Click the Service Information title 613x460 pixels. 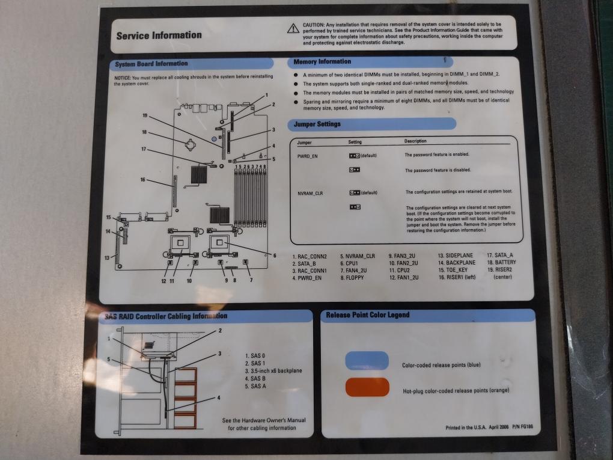[159, 35]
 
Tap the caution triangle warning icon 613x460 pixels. [293, 28]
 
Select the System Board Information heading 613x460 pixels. [151, 64]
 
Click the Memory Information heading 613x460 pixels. [322, 62]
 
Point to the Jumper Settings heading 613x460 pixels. [317, 124]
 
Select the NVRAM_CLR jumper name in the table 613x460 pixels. [311, 193]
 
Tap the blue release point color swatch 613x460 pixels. [367, 360]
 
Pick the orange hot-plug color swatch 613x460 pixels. [367, 387]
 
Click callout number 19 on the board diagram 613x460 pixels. [145, 115]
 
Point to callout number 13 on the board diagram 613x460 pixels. [107, 258]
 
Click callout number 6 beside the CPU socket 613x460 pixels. [275, 256]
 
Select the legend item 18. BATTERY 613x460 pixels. [501, 263]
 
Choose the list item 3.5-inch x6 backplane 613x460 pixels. [273, 371]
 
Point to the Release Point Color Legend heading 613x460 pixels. [367, 315]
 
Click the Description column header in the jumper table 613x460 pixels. [415, 142]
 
